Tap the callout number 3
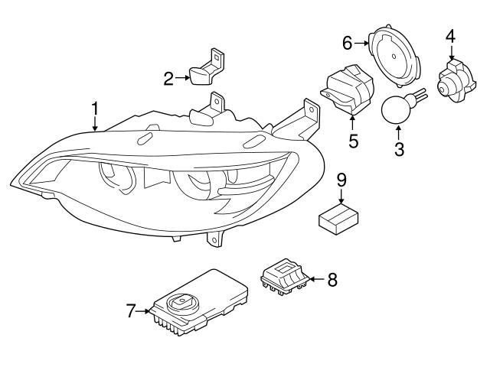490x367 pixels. tap(399, 148)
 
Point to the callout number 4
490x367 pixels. tap(450, 36)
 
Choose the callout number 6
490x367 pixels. tap(348, 43)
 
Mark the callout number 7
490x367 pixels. tap(131, 311)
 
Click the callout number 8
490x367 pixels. tap(332, 279)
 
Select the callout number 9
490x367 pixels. tap(341, 180)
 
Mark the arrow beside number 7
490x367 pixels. tap(145, 311)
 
